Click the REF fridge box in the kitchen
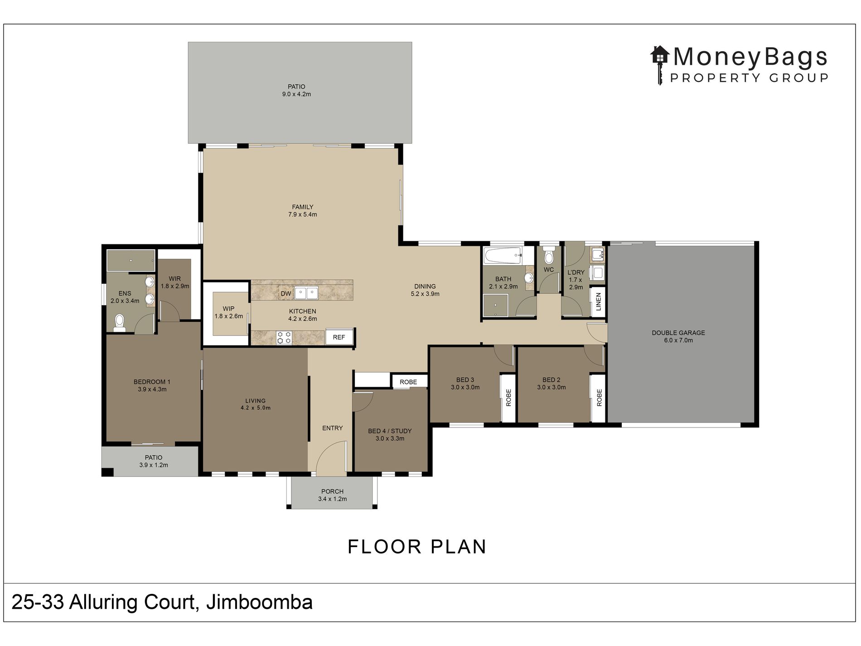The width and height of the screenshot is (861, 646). click(x=339, y=337)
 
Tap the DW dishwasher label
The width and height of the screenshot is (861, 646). click(x=286, y=294)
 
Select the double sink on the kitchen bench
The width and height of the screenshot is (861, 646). click(x=306, y=293)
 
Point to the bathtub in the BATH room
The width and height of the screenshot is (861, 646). click(x=503, y=256)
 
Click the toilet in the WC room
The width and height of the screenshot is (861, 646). click(x=549, y=256)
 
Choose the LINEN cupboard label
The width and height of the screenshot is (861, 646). click(x=598, y=301)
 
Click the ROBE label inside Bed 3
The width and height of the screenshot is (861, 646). click(x=508, y=398)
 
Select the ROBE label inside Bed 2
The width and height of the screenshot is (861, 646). click(x=599, y=398)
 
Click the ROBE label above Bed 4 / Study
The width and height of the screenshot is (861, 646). click(x=408, y=382)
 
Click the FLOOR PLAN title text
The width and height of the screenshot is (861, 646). click(x=417, y=547)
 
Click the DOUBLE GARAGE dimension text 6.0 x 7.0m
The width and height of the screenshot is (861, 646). click(x=678, y=340)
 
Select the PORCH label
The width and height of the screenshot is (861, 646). click(x=333, y=491)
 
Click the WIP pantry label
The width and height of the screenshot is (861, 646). click(x=228, y=309)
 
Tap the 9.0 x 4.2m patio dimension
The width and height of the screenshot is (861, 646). click(x=296, y=94)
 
